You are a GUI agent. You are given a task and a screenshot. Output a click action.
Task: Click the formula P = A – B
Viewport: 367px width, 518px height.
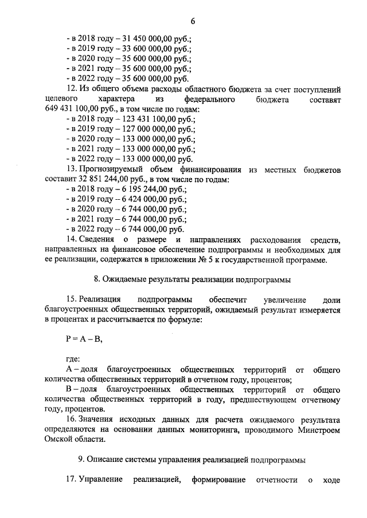[x=84, y=338]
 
